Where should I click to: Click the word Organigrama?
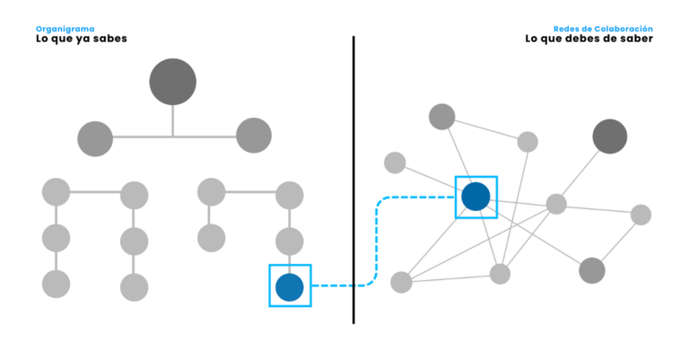pyautogui.click(x=65, y=29)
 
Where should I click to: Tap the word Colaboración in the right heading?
pyautogui.click(x=623, y=29)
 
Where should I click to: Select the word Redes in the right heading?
pyautogui.click(x=565, y=29)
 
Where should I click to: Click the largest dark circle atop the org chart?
pyautogui.click(x=173, y=82)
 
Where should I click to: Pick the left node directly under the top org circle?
pyautogui.click(x=95, y=138)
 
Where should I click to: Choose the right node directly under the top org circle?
pyautogui.click(x=254, y=136)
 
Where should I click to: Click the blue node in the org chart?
pyautogui.click(x=290, y=286)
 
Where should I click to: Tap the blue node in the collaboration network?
pyautogui.click(x=475, y=197)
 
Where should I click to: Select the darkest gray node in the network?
pyautogui.click(x=610, y=136)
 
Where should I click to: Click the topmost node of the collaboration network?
pyautogui.click(x=441, y=116)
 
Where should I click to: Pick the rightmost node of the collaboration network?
pyautogui.click(x=641, y=215)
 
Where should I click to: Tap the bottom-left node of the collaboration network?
pyautogui.click(x=401, y=282)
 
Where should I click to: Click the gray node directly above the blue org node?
pyautogui.click(x=289, y=241)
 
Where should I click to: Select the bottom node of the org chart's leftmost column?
pyautogui.click(x=56, y=284)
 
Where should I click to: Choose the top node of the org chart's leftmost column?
pyautogui.click(x=56, y=191)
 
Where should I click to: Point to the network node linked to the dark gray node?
pyautogui.click(x=556, y=205)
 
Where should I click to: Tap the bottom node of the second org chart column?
pyautogui.click(x=134, y=287)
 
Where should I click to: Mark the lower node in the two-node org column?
pyautogui.click(x=212, y=238)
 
